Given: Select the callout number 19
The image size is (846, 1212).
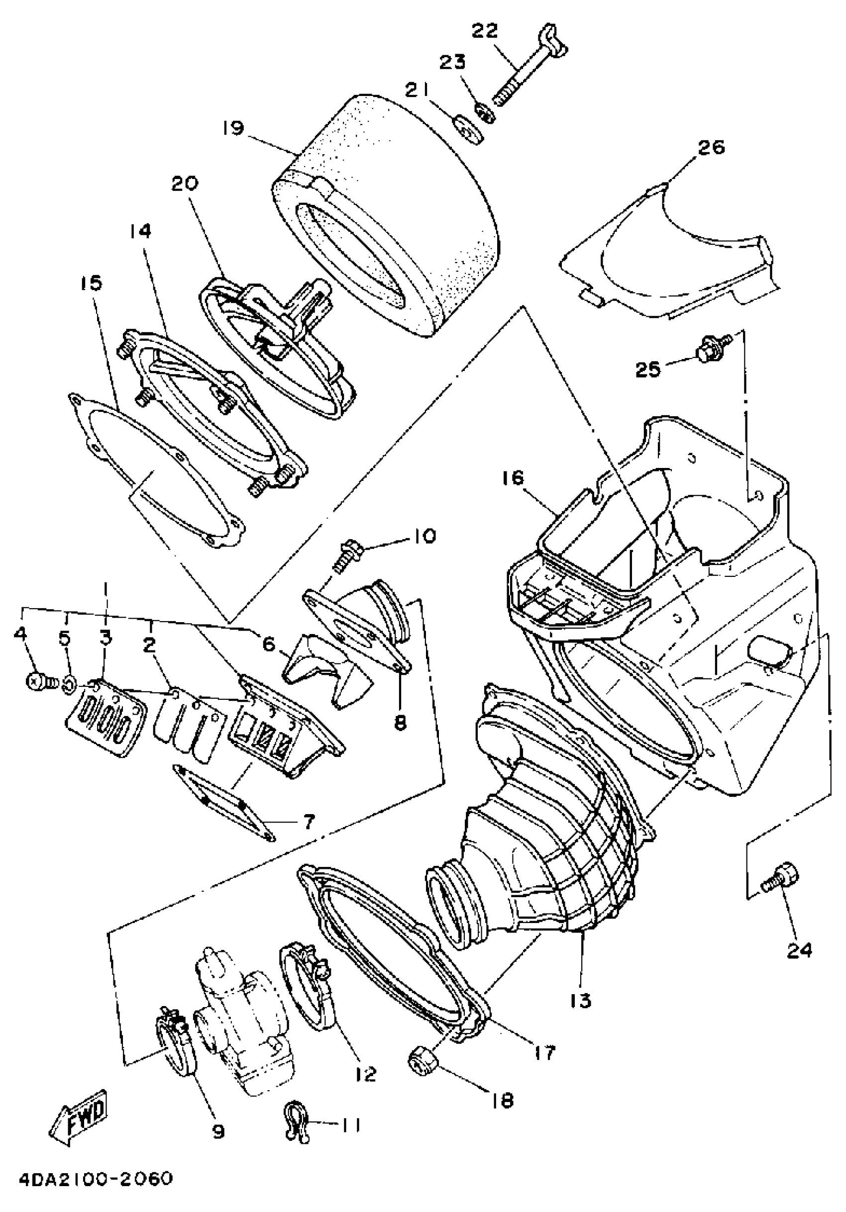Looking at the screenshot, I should pos(233,128).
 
